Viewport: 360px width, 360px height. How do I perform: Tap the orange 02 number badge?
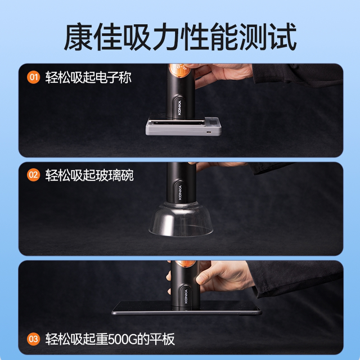pos(34,175)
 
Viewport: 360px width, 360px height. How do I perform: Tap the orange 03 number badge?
pos(34,339)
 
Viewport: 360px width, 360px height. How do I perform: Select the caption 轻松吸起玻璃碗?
pos(89,175)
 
